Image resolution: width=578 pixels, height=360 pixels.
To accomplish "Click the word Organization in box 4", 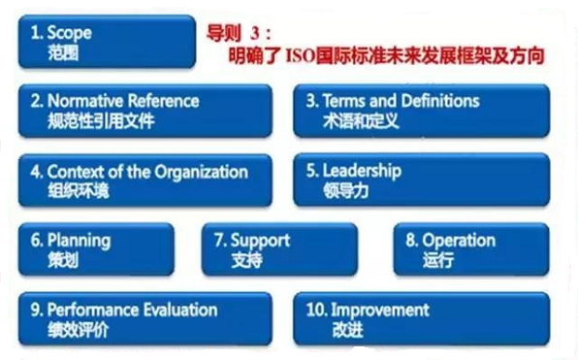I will [x=201, y=172].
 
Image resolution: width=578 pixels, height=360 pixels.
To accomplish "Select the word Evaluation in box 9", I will [x=182, y=311].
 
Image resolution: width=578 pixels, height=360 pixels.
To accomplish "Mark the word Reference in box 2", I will [x=164, y=101].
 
